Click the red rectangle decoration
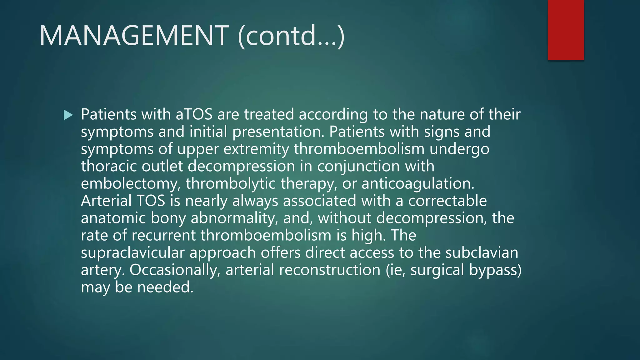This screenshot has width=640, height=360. point(566,30)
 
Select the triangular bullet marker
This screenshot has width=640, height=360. point(68,115)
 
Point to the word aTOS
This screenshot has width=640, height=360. point(194,114)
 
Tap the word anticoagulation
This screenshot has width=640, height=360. point(418,183)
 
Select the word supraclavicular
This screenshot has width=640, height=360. point(132,252)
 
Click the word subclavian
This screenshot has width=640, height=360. point(482,252)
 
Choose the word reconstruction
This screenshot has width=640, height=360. point(329,270)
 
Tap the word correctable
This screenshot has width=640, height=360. point(447,201)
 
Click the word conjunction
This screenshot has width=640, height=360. point(358,166)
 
